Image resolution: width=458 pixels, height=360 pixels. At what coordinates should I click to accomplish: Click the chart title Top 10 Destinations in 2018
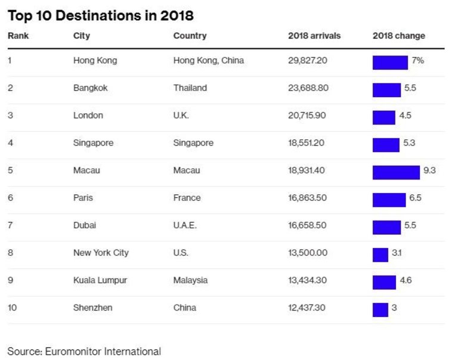coord(100,15)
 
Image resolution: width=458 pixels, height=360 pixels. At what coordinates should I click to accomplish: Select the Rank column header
coord(18,36)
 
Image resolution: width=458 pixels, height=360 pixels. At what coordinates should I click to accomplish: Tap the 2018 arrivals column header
coord(314,36)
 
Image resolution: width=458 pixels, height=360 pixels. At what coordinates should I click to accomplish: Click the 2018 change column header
coord(399,36)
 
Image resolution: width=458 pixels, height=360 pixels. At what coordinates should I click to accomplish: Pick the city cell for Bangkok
coord(90,88)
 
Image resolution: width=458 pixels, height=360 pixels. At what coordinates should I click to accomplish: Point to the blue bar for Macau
coord(396,172)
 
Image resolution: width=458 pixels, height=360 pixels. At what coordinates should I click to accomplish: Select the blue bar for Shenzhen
coord(380,309)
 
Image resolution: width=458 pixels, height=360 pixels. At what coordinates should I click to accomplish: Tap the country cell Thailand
coord(190,88)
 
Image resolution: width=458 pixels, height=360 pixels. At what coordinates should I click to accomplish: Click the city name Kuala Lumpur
coord(100,280)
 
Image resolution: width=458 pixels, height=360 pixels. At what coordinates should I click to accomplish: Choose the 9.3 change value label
coord(429,170)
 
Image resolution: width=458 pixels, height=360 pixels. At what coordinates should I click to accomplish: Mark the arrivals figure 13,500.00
coord(308,253)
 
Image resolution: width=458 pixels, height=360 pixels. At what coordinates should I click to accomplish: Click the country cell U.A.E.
coord(185,225)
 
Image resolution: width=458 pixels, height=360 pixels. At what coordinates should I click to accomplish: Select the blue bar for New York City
coord(380,255)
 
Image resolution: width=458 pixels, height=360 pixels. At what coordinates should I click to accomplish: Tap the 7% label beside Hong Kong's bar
coord(417,61)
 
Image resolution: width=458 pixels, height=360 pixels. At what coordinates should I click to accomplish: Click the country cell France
coord(187,198)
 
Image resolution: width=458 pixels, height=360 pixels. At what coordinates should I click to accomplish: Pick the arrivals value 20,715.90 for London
coord(307,116)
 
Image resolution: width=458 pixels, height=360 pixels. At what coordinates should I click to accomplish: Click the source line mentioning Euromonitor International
coord(84,351)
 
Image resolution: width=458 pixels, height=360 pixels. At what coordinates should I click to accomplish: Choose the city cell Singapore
coord(93,143)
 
